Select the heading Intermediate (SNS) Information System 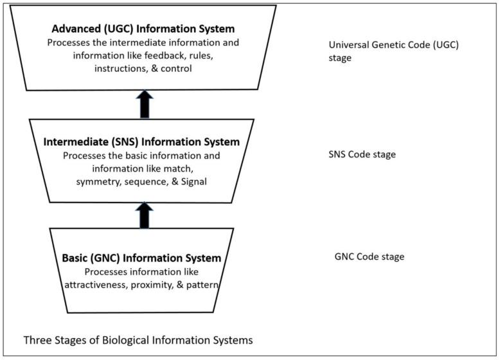(141, 141)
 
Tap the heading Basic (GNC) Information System (141, 258)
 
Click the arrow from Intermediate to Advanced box (145, 104)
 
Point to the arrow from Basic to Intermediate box (145, 216)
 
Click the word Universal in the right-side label (347, 45)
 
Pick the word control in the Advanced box (176, 68)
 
